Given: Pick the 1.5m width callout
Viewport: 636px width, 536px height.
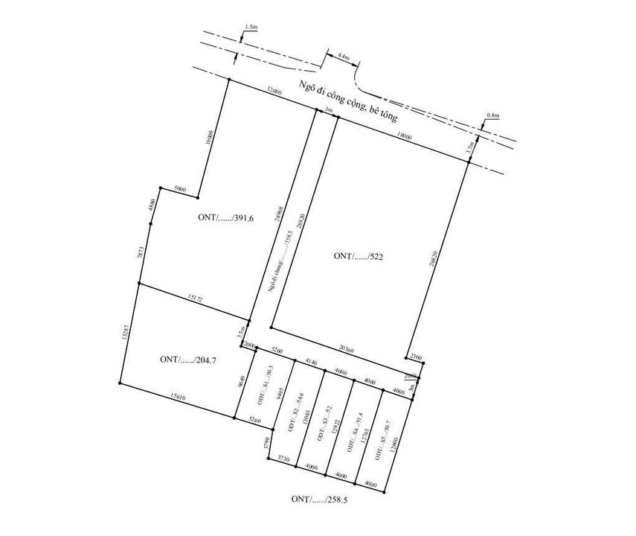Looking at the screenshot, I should tap(250, 27).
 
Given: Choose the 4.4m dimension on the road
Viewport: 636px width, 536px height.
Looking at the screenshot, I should tap(343, 56).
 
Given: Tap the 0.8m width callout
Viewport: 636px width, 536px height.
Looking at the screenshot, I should tap(492, 115).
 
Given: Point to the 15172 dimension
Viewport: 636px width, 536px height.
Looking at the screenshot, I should tap(195, 298).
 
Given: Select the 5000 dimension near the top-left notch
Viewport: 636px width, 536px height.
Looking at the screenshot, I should tap(179, 189).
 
